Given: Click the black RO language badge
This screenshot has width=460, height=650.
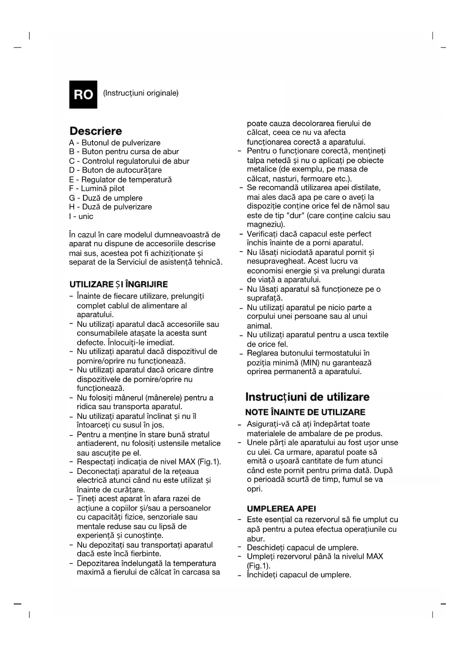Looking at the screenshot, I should pos(83,94).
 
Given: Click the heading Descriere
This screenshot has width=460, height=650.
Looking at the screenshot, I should pos(96,131).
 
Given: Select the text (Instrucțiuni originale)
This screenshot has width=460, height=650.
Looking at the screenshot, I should pos(141,93).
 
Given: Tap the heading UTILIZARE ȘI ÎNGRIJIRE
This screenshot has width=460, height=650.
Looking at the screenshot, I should pos(119,285).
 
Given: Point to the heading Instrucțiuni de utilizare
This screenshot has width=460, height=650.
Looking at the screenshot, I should pos(307,397).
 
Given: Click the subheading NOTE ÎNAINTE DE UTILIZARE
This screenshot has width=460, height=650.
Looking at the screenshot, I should pos(305,412).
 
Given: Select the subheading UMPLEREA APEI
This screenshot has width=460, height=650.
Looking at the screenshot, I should pos(281,509).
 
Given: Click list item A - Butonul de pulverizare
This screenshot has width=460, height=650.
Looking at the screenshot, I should pos(115,143).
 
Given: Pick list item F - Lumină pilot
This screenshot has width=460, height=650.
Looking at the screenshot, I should pos(96,189).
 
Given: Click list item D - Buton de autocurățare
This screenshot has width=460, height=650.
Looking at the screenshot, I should pos(115,170).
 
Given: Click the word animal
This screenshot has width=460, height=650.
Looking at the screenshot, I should pos(259,326).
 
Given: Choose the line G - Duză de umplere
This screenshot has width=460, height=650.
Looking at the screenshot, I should pos(106,198).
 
